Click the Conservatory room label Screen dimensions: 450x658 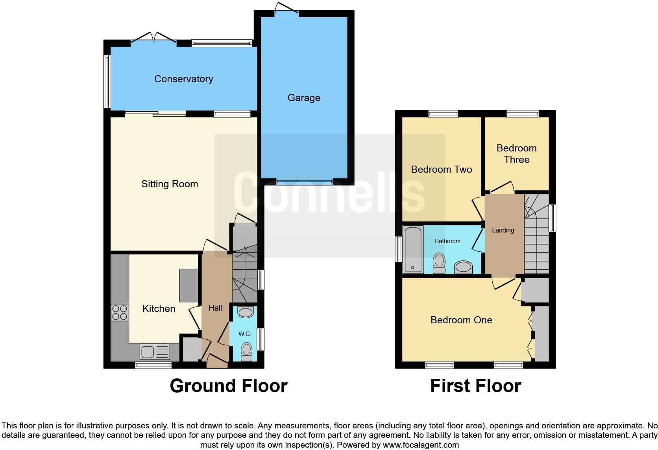[183, 79]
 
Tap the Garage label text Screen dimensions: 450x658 [303, 98]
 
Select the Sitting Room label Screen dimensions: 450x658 [170, 184]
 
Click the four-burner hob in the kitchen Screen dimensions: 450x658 [120, 313]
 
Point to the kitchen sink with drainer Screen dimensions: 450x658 [155, 351]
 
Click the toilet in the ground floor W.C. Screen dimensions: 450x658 [246, 351]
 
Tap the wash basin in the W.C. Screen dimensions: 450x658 [246, 313]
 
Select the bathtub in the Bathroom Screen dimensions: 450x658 [413, 249]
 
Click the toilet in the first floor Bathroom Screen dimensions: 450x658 [439, 263]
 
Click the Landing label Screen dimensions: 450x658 [503, 230]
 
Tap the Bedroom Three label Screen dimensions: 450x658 [516, 154]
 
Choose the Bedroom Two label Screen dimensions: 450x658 [441, 170]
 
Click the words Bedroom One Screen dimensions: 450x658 [461, 320]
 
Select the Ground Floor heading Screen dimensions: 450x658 [228, 386]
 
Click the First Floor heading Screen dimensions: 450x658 [475, 386]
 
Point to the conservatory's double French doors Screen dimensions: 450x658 [153, 38]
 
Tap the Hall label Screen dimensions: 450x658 [215, 308]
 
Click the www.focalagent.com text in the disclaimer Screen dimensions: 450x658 [421, 445]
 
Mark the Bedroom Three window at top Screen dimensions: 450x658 [522, 114]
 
